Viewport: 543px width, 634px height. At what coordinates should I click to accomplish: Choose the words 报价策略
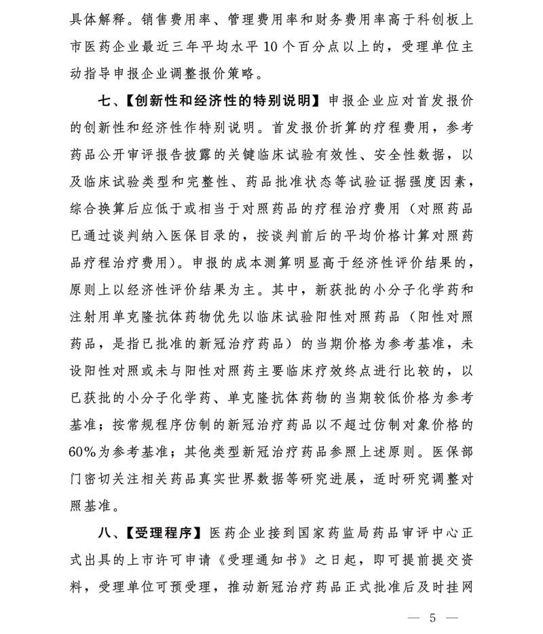(x=241, y=72)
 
